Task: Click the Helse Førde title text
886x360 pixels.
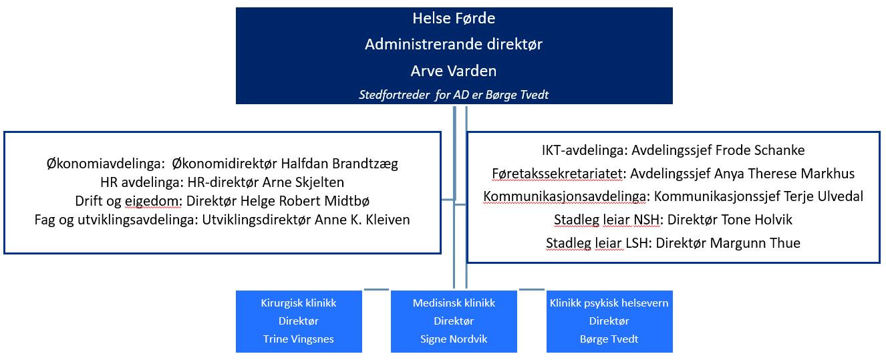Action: click(x=454, y=18)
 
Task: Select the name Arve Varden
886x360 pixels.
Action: click(x=454, y=71)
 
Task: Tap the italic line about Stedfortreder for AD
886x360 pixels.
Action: click(x=454, y=95)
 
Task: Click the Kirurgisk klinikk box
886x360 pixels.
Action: click(x=299, y=321)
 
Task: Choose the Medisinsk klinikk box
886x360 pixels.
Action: click(x=454, y=321)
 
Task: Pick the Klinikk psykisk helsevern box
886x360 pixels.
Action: click(x=609, y=321)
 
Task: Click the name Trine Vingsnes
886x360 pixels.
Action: click(x=299, y=339)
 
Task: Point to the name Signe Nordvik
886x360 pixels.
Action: click(x=454, y=339)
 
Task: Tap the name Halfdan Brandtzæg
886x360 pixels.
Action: click(x=339, y=164)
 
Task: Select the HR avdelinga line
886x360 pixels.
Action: click(x=223, y=182)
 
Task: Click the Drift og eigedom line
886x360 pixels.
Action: click(x=223, y=201)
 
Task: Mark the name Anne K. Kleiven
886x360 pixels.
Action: click(x=362, y=220)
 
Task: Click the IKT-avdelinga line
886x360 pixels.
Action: click(x=674, y=150)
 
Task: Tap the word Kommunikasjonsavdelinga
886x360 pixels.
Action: click(x=565, y=196)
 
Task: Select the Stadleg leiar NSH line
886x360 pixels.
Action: click(x=674, y=220)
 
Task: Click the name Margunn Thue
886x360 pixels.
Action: click(x=755, y=243)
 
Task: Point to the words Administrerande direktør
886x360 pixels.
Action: click(x=454, y=44)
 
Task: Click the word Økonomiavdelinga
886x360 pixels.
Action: click(x=105, y=164)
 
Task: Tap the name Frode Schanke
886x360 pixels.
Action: click(x=760, y=150)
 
